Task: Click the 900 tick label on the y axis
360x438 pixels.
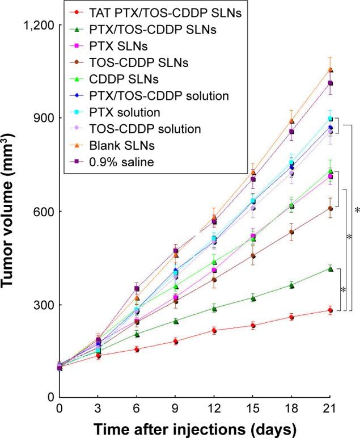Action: [x=43, y=118]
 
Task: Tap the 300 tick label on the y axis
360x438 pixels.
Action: [x=43, y=305]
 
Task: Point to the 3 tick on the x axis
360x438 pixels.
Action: [x=98, y=409]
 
